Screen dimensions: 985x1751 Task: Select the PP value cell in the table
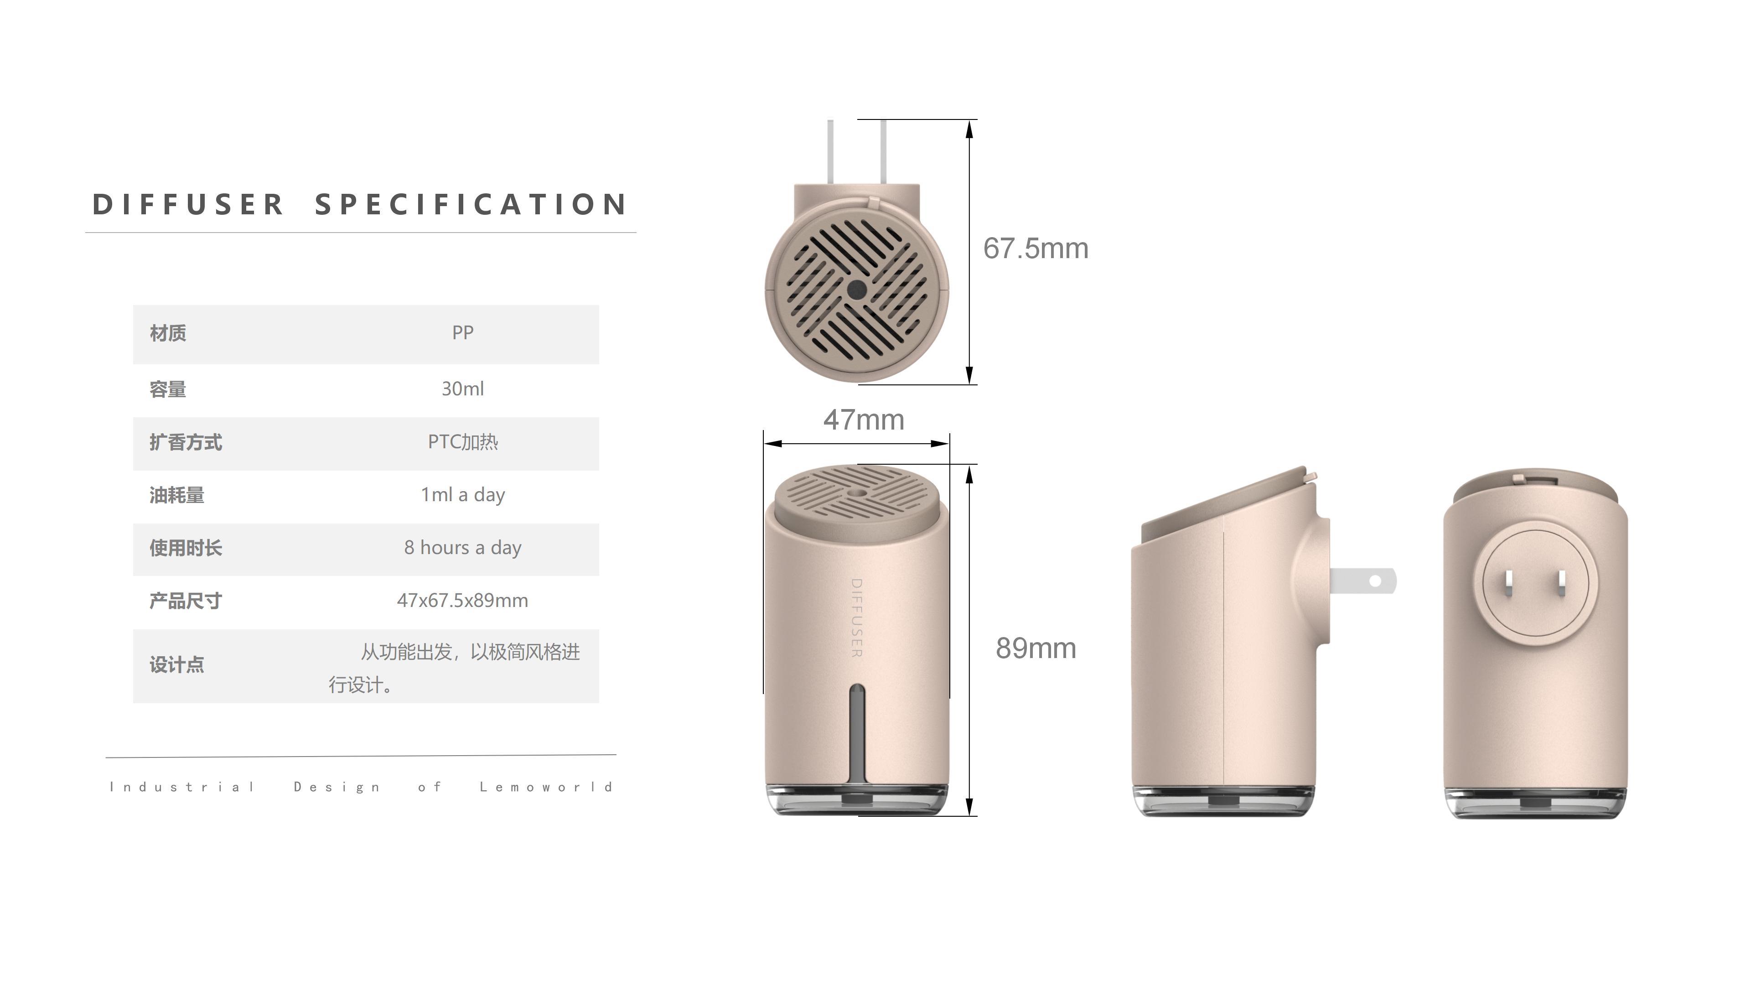[462, 333]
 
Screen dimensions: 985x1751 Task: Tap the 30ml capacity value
[462, 389]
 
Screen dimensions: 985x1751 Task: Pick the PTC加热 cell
[462, 442]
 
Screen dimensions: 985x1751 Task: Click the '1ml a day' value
[462, 495]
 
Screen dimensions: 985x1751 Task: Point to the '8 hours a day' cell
[462, 548]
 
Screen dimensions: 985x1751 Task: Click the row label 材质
[168, 333]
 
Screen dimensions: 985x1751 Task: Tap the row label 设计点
[177, 665]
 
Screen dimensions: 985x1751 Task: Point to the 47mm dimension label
[863, 420]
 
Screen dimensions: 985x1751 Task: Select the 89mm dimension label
[1035, 648]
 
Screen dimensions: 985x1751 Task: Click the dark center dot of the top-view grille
[856, 290]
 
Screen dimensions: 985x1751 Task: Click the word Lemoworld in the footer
[546, 787]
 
